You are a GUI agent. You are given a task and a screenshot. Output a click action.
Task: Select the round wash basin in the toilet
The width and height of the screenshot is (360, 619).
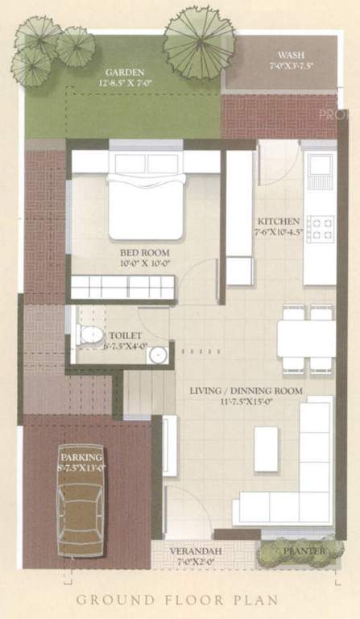pyautogui.click(x=158, y=353)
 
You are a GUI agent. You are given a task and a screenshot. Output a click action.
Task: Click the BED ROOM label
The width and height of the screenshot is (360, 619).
pyautogui.click(x=139, y=252)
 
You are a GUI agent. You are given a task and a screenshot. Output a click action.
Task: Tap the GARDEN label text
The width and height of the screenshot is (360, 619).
pyautogui.click(x=118, y=71)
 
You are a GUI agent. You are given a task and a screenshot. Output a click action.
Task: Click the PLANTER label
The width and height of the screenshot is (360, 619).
pyautogui.click(x=304, y=551)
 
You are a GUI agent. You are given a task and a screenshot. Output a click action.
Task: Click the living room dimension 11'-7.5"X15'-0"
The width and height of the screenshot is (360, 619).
pyautogui.click(x=246, y=403)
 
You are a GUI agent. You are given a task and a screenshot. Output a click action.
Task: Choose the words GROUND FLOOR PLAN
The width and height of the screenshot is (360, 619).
pyautogui.click(x=177, y=600)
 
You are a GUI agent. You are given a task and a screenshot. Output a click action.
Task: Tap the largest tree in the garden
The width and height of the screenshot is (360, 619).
pyautogui.click(x=199, y=42)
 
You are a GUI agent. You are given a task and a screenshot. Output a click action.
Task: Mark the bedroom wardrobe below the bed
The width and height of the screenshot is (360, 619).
pyautogui.click(x=122, y=287)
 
